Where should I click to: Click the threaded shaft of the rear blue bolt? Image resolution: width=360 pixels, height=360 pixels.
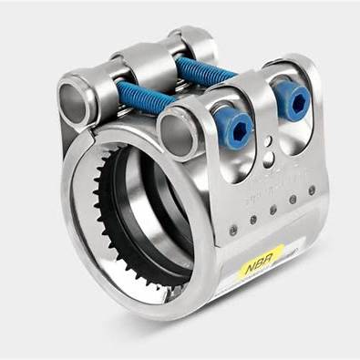point(205,70)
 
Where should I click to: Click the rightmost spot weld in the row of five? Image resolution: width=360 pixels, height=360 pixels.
point(311,190)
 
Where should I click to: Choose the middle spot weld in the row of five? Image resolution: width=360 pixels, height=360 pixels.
point(273,210)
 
